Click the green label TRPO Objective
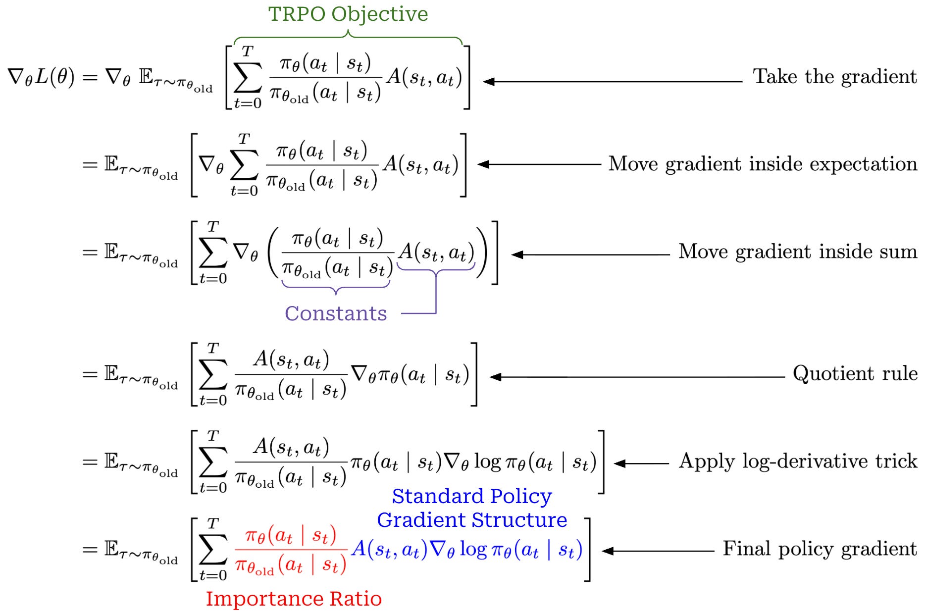coord(348,14)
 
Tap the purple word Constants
coord(336,313)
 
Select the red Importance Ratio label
coord(294,599)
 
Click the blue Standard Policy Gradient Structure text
coord(472,508)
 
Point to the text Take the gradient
coord(835,77)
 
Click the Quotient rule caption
coord(855,373)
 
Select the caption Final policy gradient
coord(820,549)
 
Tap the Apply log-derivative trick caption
coord(798,461)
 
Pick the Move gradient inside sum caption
coord(798,252)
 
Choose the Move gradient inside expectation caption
coord(763,164)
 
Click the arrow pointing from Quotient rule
coord(637,377)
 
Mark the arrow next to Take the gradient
coord(613,81)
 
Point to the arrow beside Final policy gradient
coord(658,551)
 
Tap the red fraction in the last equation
coord(291,550)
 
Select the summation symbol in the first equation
coord(248,77)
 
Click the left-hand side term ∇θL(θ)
coord(41,77)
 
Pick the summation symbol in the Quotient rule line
coord(213,374)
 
